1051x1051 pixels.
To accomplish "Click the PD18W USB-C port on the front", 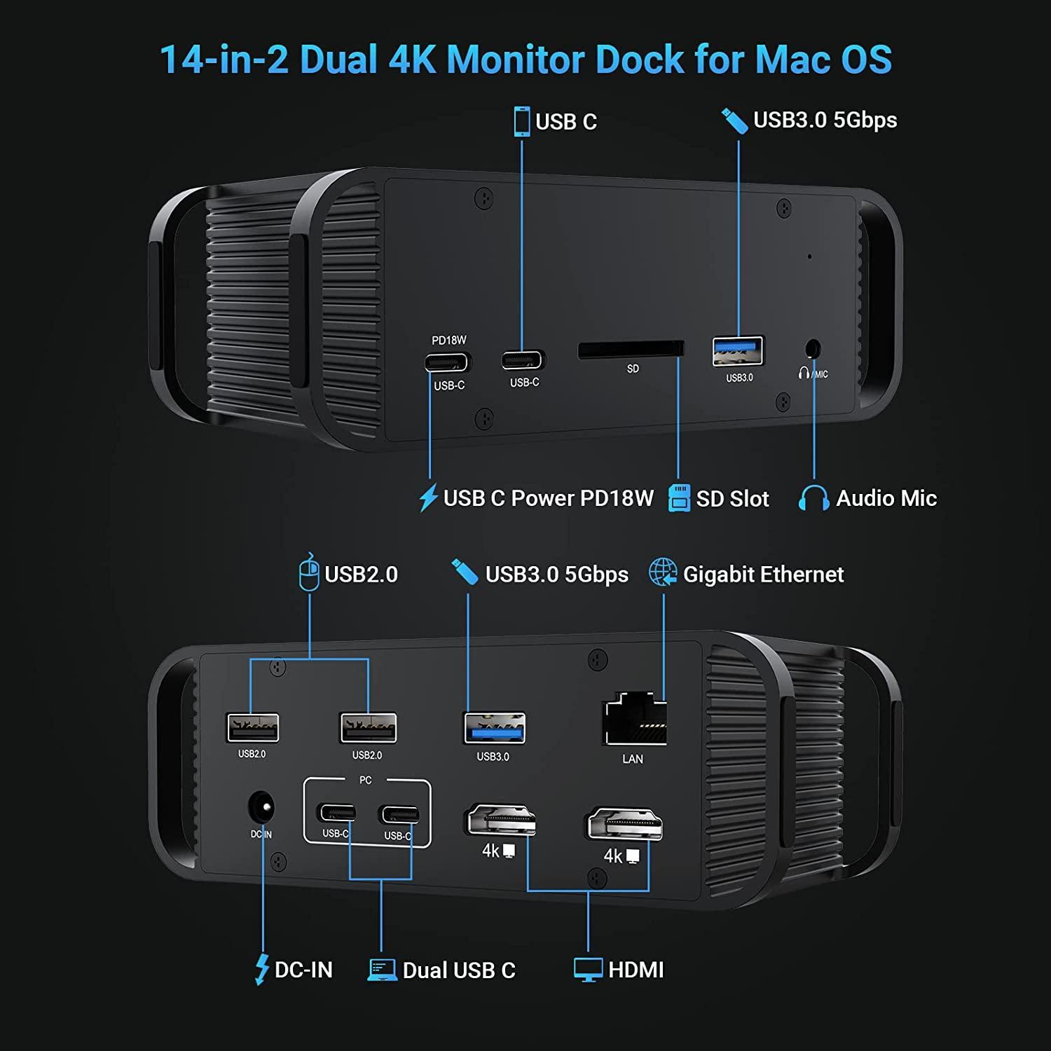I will coord(446,363).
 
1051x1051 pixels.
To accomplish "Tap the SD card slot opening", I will coord(631,349).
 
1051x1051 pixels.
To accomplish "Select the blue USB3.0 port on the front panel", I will coord(738,351).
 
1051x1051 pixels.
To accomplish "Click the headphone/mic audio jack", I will coord(813,348).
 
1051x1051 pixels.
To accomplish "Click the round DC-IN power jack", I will coord(261,807).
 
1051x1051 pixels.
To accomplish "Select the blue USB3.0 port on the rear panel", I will coord(494,728).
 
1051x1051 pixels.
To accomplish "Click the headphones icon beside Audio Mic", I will coord(813,498).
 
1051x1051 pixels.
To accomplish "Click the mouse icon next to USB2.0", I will coord(309,572).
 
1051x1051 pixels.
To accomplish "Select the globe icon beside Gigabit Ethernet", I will coord(663,572).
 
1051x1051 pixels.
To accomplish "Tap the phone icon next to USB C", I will coord(521,121).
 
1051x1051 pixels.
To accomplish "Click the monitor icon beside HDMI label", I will coord(588,970).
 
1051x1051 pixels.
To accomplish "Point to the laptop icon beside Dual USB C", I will coord(382,970).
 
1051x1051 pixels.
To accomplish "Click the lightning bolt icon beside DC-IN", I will coord(262,970).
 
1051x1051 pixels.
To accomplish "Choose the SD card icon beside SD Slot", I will coord(679,498).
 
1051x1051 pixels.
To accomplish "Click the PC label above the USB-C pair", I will coord(365,780).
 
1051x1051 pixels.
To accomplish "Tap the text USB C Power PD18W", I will coord(548,498).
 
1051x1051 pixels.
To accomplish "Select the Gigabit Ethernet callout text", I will coord(763,575).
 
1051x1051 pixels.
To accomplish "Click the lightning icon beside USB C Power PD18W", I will coord(428,497).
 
